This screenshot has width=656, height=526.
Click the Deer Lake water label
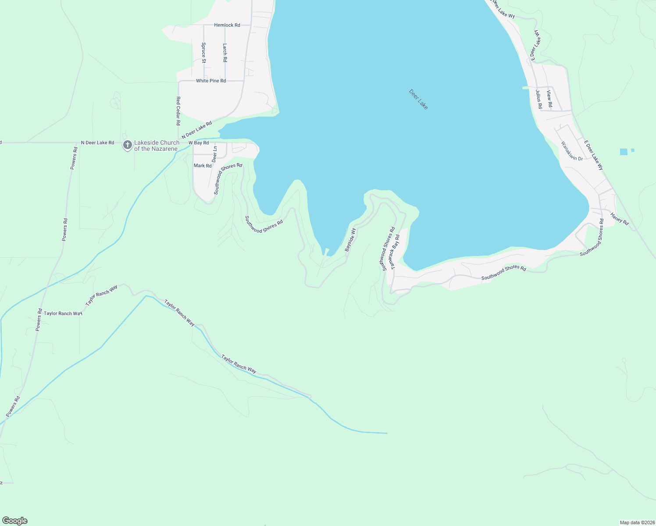pos(418,99)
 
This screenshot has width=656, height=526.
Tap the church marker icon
pos(128,145)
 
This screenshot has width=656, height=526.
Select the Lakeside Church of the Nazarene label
pos(157,146)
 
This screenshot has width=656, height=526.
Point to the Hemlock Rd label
pos(227,25)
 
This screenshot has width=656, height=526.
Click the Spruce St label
pos(203,53)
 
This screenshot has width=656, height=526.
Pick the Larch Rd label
pos(225,53)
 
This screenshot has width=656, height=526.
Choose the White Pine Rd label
pos(211,81)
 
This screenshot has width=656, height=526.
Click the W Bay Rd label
pos(199,143)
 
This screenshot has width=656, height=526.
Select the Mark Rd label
pos(203,166)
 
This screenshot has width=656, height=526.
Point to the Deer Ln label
pos(214,154)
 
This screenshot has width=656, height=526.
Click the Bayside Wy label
pos(350,240)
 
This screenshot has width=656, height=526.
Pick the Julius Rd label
pos(539,99)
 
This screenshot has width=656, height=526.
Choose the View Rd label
pos(549,99)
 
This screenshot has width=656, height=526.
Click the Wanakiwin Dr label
pos(572,151)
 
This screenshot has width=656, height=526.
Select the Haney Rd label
pos(620,219)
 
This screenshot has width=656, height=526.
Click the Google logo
pos(15,521)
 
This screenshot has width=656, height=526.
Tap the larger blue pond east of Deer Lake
pos(624,152)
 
